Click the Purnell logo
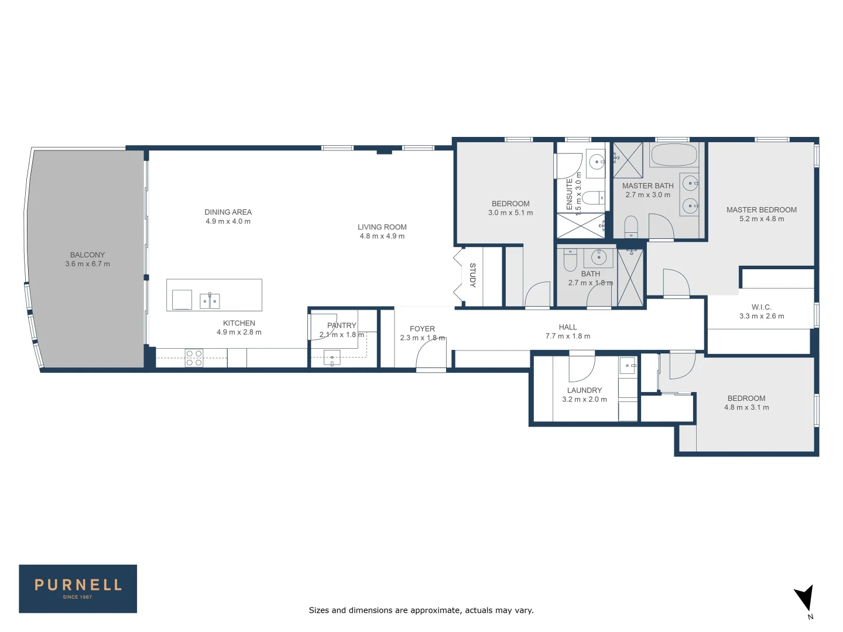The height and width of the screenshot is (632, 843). tap(78, 589)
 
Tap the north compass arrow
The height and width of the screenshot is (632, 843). tap(804, 599)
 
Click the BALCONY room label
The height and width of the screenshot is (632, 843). tap(87, 255)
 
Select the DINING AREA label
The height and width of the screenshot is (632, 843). tap(228, 212)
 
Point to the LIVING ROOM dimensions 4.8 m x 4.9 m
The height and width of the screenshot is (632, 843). tap(382, 236)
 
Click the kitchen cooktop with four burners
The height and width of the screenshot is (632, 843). tap(194, 358)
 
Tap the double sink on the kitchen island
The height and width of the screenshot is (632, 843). tap(210, 301)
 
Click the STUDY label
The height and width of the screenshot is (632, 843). tap(472, 276)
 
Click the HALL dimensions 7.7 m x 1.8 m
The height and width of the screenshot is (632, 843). tap(567, 336)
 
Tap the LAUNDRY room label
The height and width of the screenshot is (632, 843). tap(584, 390)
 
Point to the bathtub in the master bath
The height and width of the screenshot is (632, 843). tap(674, 156)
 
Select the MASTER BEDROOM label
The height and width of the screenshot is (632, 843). tap(761, 209)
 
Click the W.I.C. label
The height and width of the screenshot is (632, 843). tap(761, 307)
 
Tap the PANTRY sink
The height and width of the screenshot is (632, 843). tap(332, 358)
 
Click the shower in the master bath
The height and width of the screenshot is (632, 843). tap(628, 160)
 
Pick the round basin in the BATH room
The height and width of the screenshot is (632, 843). tap(598, 257)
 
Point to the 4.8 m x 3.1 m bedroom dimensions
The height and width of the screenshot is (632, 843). tap(746, 408)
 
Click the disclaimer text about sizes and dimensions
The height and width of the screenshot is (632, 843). tap(421, 610)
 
